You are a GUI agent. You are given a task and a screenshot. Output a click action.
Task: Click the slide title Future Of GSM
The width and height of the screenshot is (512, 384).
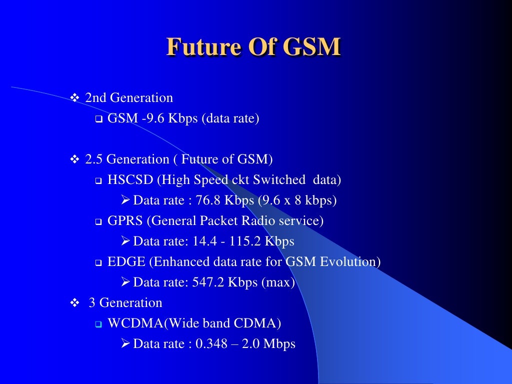(253, 47)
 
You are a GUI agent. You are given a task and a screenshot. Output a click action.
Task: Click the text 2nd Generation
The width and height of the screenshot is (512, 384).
(129, 97)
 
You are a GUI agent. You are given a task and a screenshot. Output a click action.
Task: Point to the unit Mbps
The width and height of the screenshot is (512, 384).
(280, 344)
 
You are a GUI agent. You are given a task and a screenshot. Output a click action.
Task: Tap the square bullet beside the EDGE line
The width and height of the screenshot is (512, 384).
(98, 262)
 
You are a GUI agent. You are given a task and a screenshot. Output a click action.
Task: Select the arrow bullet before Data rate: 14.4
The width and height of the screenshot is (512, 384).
(125, 241)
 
